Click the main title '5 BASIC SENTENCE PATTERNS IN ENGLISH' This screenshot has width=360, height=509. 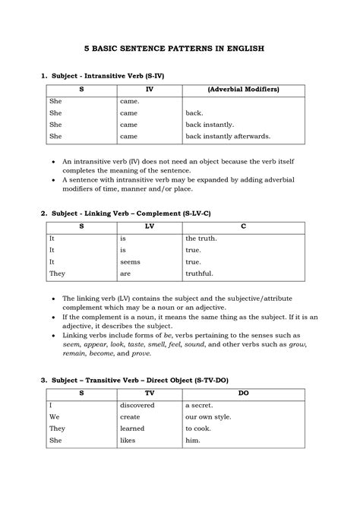(179, 47)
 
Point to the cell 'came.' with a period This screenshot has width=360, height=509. (129, 100)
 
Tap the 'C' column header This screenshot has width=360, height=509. (243, 226)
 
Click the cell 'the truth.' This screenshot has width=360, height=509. (201, 238)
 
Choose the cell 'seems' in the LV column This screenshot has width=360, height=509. (131, 261)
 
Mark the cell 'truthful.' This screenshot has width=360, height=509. (200, 273)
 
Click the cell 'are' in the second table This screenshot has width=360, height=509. (126, 273)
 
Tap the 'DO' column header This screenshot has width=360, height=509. (243, 394)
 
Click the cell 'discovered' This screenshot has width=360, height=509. (137, 405)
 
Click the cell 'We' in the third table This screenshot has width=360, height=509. (55, 417)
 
